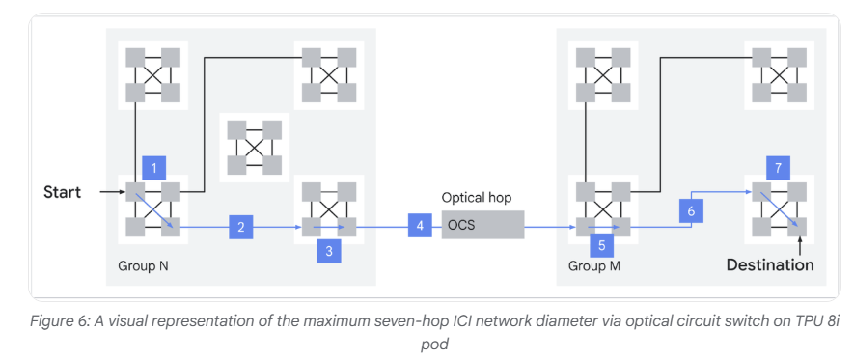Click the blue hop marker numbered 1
pos(153,168)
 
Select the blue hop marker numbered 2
pos(240,227)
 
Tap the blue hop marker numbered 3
pos(329,251)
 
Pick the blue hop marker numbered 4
pos(420,226)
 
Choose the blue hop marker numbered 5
pos(601,245)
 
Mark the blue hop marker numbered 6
pos(691,210)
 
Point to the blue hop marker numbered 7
pos(778,168)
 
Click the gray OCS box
pos(482,225)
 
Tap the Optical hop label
pos(477,197)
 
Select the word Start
pos(62,192)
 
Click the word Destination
pos(770,265)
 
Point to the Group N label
pos(143,266)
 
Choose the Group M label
pos(594,266)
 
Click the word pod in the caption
pos(434,345)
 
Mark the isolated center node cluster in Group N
pos(255,147)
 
